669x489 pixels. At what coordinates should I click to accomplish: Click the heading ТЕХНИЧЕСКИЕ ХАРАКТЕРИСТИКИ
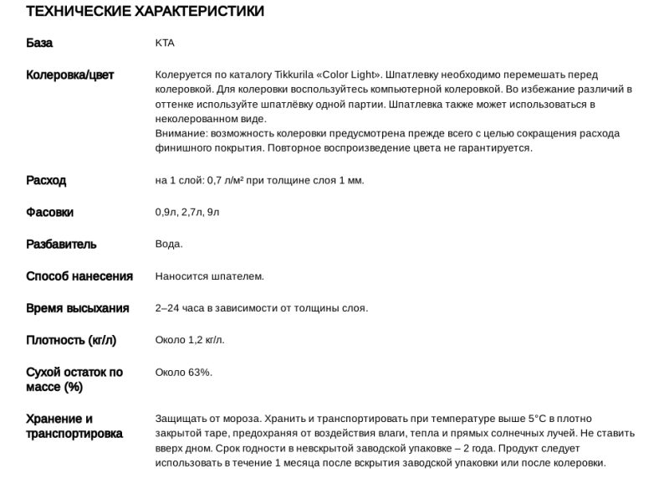point(146,12)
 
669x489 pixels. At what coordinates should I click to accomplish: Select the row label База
point(39,44)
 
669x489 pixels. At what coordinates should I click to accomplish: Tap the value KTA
point(165,44)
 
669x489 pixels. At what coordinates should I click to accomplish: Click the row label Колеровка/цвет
point(70,75)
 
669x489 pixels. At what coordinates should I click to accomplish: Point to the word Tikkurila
point(309,75)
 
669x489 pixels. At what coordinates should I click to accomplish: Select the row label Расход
point(46,181)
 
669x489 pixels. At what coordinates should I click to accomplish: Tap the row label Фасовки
point(50,213)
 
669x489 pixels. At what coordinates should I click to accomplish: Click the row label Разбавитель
point(61,244)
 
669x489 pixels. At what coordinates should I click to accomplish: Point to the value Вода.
point(169,244)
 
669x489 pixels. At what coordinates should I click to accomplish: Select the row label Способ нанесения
point(79,276)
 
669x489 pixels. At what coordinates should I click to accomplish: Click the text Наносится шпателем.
point(209,276)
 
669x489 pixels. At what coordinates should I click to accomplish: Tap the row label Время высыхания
point(78,308)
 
